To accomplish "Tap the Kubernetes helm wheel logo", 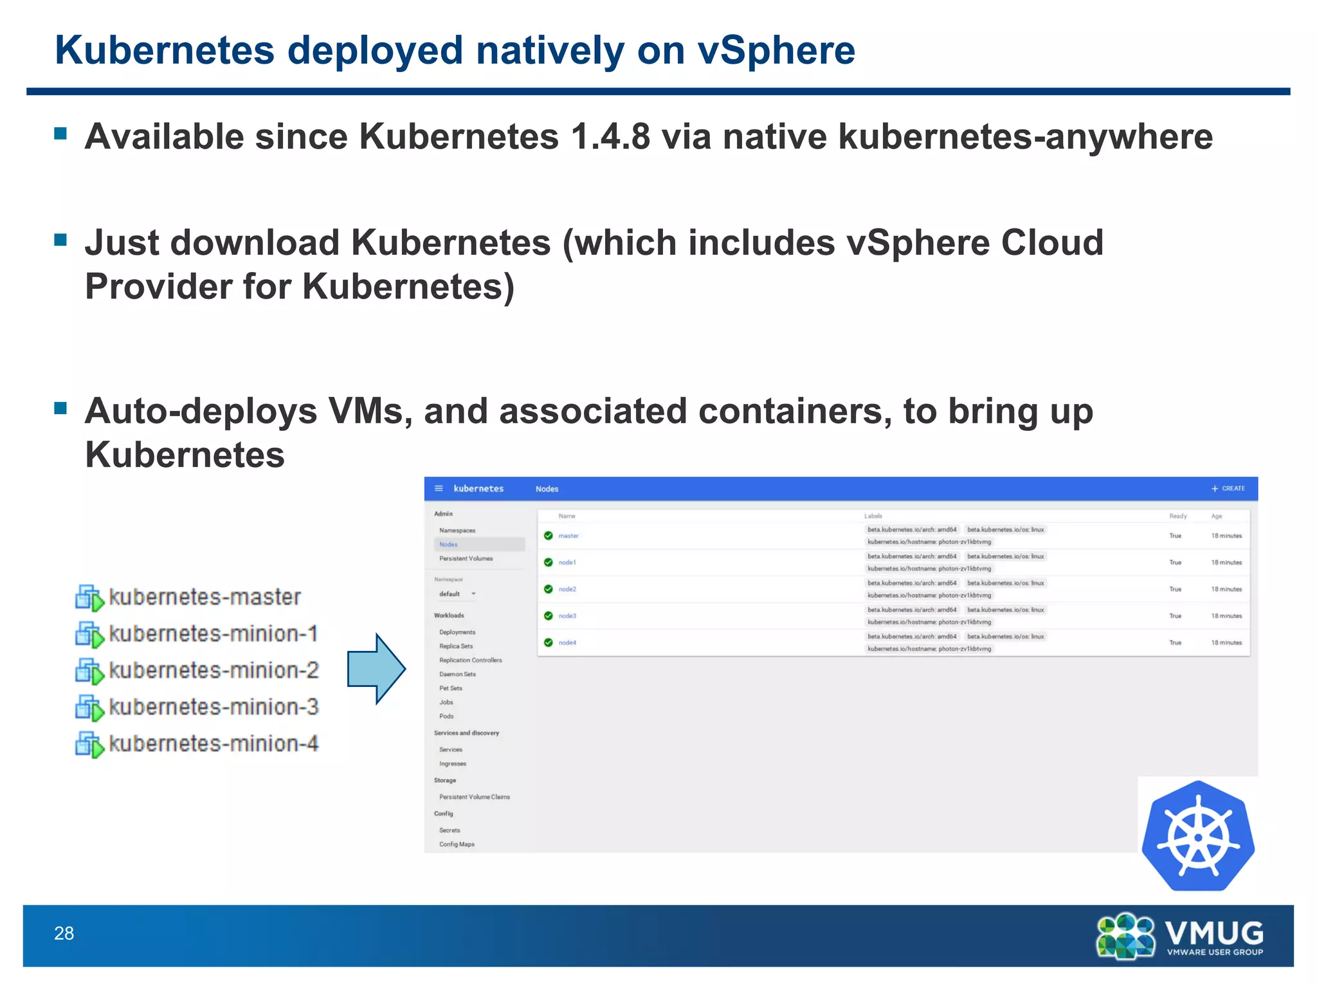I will click(x=1198, y=836).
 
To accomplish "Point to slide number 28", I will click(x=64, y=933).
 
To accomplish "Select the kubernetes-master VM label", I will click(x=204, y=597).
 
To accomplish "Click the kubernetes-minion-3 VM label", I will click(x=213, y=707).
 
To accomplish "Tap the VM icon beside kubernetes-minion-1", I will click(x=89, y=635).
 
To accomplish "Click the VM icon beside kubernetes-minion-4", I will click(x=89, y=745).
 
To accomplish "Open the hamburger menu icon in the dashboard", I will click(x=439, y=489).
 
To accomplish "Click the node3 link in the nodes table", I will click(x=567, y=616).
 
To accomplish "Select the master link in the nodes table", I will click(x=568, y=536).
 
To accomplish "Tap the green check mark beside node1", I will click(x=549, y=562).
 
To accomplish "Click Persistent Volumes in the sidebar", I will click(x=466, y=558).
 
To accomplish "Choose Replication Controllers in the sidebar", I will click(x=471, y=660).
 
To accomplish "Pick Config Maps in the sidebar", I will click(x=457, y=844).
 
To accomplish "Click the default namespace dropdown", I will click(x=457, y=594).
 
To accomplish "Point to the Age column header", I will click(x=1216, y=516).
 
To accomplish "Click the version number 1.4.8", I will click(x=610, y=136).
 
